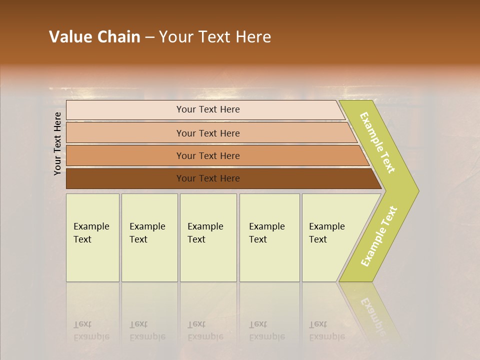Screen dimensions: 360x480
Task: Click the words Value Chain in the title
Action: click(x=94, y=37)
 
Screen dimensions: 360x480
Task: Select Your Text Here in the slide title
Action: click(x=215, y=37)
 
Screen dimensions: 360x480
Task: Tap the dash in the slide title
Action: click(x=149, y=37)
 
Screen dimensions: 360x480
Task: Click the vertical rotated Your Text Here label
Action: click(x=57, y=143)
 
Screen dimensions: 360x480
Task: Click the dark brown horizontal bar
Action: click(x=125, y=178)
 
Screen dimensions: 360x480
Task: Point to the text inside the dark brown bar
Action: click(x=208, y=178)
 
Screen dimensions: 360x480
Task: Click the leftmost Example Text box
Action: click(x=92, y=237)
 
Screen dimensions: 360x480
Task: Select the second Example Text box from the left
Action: click(x=149, y=237)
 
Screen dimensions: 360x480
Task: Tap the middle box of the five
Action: click(x=208, y=237)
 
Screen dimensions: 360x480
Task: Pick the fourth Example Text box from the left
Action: click(x=269, y=237)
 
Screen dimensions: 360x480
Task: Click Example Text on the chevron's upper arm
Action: click(x=377, y=142)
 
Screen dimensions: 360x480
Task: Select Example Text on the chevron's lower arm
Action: click(x=379, y=236)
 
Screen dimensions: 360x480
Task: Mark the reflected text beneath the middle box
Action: click(x=205, y=330)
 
